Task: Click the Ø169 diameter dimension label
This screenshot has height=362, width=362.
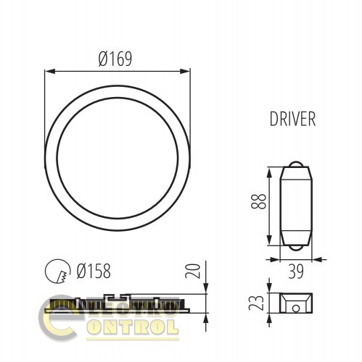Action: point(115,59)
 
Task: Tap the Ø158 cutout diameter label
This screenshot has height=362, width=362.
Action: point(94,271)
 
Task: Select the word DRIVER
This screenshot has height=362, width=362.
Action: point(292,119)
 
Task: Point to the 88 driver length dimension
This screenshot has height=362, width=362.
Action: point(258,201)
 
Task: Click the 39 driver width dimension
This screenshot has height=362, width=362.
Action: point(296,271)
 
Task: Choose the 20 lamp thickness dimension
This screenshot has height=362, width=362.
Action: point(193,271)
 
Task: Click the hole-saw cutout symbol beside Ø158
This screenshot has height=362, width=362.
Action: point(58,271)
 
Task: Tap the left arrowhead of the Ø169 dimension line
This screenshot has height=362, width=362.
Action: point(50,71)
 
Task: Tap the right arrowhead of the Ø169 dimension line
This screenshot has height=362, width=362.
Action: point(185,71)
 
